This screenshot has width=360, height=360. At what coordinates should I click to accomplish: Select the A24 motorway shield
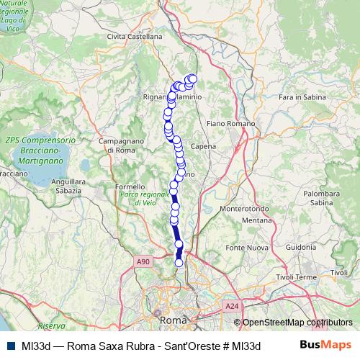pyautogui.click(x=231, y=307)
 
